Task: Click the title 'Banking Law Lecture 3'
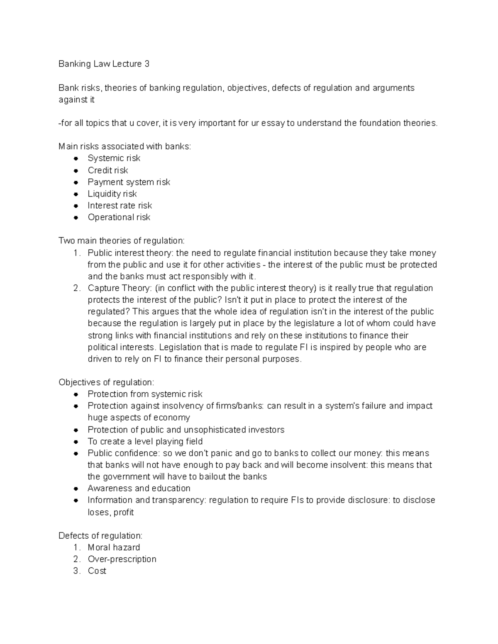click(x=104, y=64)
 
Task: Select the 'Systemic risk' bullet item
click(x=114, y=158)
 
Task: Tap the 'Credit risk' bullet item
click(x=107, y=170)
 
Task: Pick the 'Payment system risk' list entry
click(x=129, y=182)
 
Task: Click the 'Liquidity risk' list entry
click(x=112, y=194)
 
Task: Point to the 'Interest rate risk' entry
click(x=120, y=206)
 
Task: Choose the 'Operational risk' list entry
click(x=119, y=217)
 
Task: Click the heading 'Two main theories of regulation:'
click(x=122, y=241)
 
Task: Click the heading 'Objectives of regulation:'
click(x=106, y=382)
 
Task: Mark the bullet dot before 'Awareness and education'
click(x=76, y=488)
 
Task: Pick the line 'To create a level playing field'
click(x=145, y=442)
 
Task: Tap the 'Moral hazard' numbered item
click(x=114, y=547)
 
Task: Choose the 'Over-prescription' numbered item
click(x=122, y=559)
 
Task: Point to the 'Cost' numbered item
click(x=97, y=571)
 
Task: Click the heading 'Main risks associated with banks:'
click(x=125, y=146)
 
